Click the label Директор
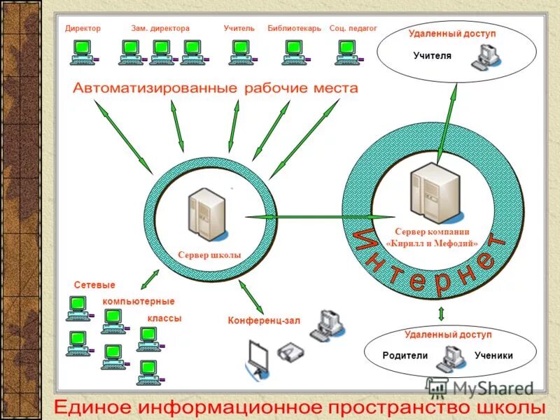[x=83, y=29]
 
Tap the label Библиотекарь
[x=294, y=29]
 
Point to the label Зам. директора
[x=160, y=29]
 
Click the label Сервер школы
[x=209, y=255]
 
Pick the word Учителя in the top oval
[x=432, y=55]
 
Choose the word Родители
[x=405, y=356]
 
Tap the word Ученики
[x=493, y=356]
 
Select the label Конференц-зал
[x=263, y=321]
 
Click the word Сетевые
[x=94, y=286]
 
